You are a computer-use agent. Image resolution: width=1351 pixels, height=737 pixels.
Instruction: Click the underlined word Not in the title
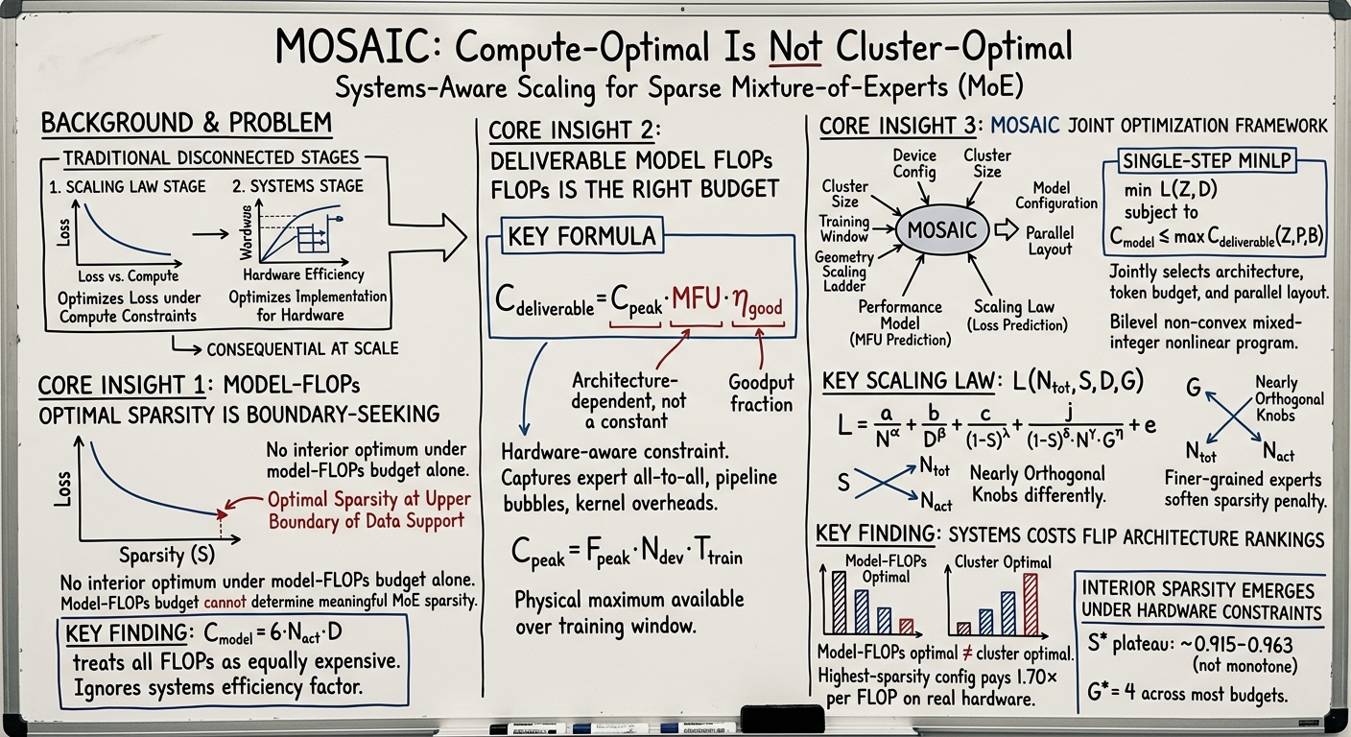coord(794,47)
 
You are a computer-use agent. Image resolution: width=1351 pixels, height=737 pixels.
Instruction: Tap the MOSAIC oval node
coord(941,229)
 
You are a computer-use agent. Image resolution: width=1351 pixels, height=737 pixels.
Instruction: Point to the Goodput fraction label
coord(761,393)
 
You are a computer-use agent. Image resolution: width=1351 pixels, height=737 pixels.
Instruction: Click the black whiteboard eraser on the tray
coord(782,719)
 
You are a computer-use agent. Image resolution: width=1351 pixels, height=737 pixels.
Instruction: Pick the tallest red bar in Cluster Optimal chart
coord(1031,605)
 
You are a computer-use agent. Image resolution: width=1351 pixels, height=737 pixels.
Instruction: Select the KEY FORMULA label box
coord(582,236)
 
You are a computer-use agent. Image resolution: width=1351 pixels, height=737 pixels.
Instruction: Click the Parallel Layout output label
coord(1050,241)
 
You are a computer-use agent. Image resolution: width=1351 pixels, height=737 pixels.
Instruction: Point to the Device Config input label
coord(914,164)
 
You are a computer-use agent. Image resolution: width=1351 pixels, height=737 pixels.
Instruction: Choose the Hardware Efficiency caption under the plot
coord(303,275)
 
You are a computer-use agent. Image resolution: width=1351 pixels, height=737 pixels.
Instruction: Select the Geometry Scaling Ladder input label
coord(844,272)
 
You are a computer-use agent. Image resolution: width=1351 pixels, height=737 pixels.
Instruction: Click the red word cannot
coord(225,602)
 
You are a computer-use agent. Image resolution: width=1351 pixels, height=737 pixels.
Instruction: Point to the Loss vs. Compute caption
coord(129,276)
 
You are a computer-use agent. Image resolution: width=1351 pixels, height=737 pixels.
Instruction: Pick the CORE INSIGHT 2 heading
coord(575,131)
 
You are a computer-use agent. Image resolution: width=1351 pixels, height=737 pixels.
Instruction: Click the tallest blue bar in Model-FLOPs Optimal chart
coord(839,603)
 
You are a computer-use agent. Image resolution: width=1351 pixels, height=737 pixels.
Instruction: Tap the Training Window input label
coord(843,229)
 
